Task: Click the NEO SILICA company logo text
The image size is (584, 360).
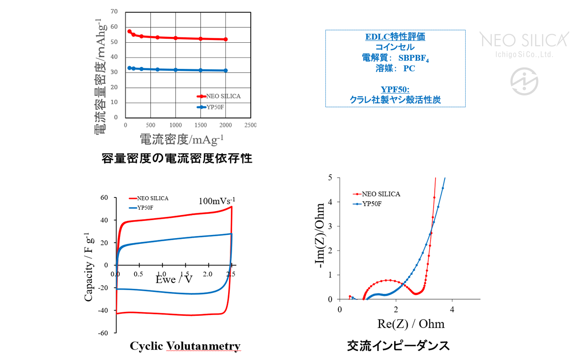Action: pos(525,40)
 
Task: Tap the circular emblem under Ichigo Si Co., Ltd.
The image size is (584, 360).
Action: pos(524,81)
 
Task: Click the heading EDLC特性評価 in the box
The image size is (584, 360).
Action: pos(395,37)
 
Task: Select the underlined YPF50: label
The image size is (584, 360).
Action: pos(395,89)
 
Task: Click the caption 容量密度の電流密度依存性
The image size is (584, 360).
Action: pos(177,158)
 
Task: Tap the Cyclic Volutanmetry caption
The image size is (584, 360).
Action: pos(185,346)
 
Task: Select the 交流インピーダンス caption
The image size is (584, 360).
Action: pos(398,346)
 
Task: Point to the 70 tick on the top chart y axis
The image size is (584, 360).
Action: pos(114,12)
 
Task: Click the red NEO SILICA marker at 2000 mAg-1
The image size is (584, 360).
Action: pos(226,40)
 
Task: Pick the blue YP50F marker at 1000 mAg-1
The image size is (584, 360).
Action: pos(175,70)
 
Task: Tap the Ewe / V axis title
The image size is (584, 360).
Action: pos(174,279)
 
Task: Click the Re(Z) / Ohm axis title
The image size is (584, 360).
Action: pos(411,324)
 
